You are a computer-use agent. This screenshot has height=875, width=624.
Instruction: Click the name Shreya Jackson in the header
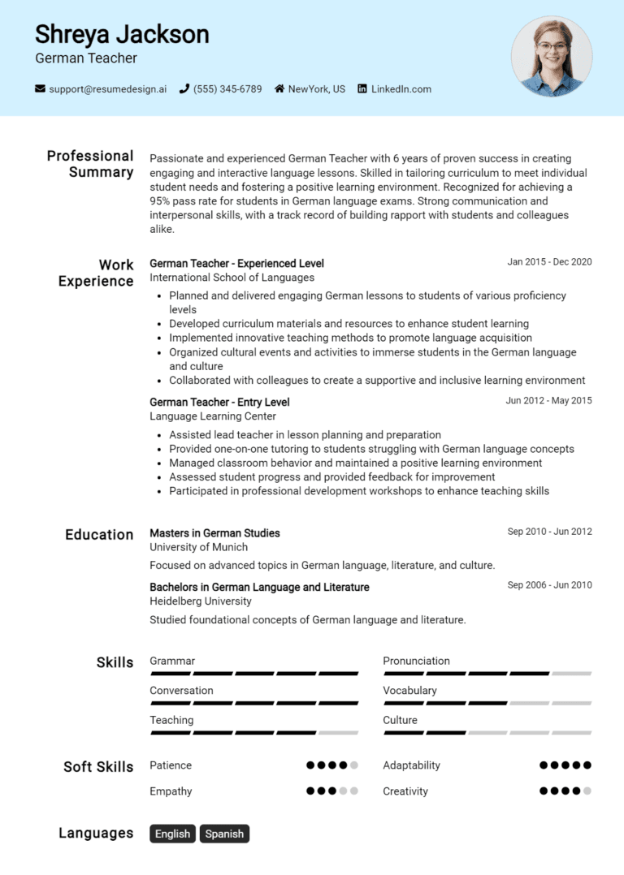tap(122, 34)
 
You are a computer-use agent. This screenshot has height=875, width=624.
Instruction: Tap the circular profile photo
tap(552, 56)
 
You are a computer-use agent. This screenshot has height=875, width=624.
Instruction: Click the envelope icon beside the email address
tap(40, 89)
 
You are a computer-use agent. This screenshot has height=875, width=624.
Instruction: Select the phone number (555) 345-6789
tap(227, 89)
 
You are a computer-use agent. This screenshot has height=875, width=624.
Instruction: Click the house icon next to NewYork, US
tap(279, 89)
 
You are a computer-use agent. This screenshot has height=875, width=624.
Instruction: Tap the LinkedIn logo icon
tap(362, 89)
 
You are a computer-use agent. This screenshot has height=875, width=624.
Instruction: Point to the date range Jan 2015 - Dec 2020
tap(549, 262)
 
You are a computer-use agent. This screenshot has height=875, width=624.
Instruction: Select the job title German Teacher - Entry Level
tap(219, 402)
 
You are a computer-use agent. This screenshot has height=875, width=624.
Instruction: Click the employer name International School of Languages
tap(232, 278)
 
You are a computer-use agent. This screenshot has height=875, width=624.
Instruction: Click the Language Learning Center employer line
tap(213, 416)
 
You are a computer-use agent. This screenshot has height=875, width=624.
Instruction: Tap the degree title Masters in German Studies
tap(214, 533)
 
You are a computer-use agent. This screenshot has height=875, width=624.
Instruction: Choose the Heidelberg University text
tap(201, 601)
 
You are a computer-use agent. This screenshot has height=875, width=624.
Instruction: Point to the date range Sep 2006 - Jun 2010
tap(549, 585)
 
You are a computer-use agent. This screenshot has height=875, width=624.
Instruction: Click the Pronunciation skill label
tap(416, 661)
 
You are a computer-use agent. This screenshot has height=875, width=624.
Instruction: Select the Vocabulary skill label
tap(409, 691)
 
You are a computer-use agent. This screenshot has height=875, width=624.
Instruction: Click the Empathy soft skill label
tap(171, 791)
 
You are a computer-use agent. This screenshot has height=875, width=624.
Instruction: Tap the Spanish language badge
tap(224, 834)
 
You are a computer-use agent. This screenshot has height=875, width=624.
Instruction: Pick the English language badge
tap(172, 834)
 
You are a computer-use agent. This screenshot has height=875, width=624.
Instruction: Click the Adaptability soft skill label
tap(411, 765)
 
